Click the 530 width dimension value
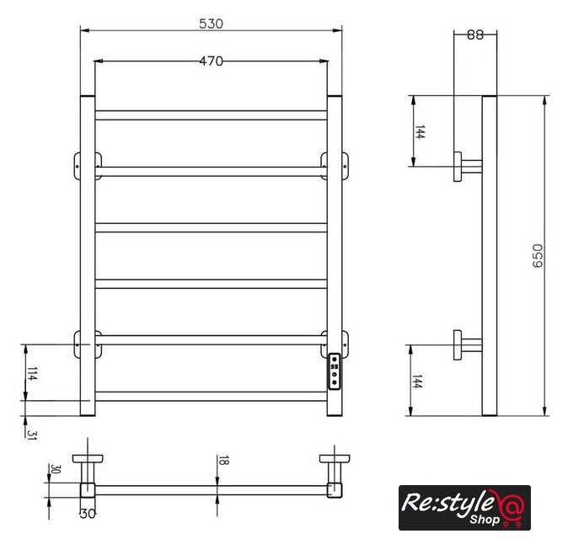coord(212,24)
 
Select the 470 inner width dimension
coord(212,61)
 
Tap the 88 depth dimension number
coord(475,35)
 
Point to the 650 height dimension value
coord(538,255)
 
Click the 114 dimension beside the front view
coord(32,374)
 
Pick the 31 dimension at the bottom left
coord(31,435)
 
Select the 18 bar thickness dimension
coord(223,461)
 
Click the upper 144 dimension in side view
coord(420,132)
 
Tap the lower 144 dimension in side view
coord(417,382)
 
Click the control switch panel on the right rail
coord(335,371)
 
